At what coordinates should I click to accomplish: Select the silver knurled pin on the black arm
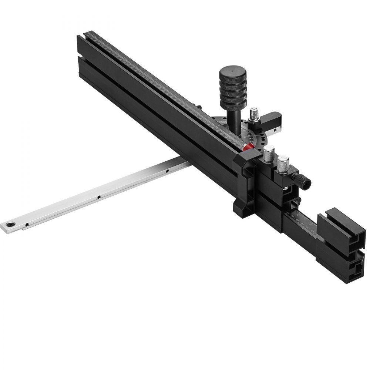254,113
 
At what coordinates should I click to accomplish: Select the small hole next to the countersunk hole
27,223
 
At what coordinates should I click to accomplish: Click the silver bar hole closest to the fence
167,171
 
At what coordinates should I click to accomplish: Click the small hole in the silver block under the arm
274,130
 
